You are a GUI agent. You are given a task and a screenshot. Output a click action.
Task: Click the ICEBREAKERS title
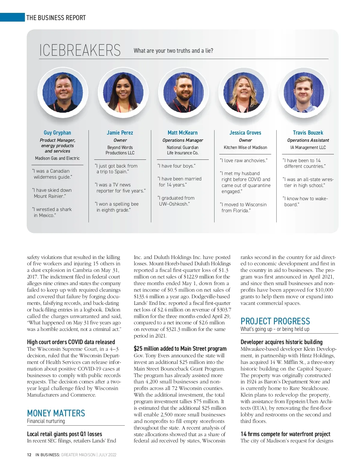(80, 50)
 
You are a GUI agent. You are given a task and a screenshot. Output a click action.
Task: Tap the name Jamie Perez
(120, 132)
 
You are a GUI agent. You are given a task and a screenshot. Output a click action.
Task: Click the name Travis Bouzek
(308, 132)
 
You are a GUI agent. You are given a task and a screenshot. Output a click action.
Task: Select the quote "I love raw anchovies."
(244, 160)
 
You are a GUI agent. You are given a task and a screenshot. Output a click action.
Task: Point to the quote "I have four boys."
(176, 166)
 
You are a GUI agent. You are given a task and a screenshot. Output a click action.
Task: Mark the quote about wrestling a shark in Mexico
(52, 212)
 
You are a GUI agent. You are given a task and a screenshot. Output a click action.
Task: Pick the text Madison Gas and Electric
(57, 158)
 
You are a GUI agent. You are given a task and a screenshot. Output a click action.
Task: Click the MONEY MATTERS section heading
(56, 413)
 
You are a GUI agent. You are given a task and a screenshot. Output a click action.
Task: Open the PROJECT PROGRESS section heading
(275, 321)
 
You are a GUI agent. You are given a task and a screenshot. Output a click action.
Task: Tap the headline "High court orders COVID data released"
(71, 342)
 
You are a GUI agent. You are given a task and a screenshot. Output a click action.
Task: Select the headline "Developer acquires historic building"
(281, 342)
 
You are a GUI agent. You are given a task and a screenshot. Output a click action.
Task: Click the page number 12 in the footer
(29, 455)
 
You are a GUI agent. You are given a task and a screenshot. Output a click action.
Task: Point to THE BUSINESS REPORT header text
(56, 18)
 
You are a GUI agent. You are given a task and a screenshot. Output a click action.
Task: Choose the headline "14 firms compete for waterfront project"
(285, 434)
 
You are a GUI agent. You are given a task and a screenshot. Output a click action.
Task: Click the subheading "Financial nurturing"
(46, 421)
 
